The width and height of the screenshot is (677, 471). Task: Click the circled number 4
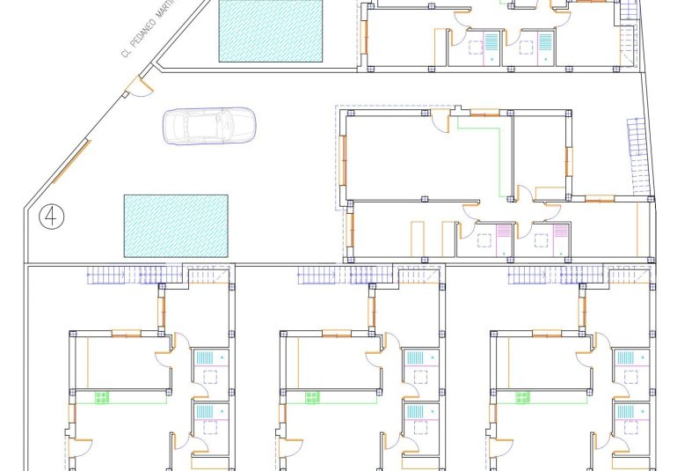click(52, 215)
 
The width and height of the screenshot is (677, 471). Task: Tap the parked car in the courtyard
click(208, 125)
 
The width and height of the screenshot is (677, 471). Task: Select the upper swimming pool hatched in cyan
click(271, 30)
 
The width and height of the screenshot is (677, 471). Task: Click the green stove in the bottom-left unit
click(103, 398)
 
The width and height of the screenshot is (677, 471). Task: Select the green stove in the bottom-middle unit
click(313, 398)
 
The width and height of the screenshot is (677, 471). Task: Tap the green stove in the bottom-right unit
click(524, 398)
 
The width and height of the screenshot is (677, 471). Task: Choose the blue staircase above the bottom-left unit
click(123, 276)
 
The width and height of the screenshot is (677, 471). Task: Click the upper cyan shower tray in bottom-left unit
click(203, 357)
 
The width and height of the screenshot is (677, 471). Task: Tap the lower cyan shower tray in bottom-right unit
click(625, 412)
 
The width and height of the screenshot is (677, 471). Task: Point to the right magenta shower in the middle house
click(554, 231)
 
